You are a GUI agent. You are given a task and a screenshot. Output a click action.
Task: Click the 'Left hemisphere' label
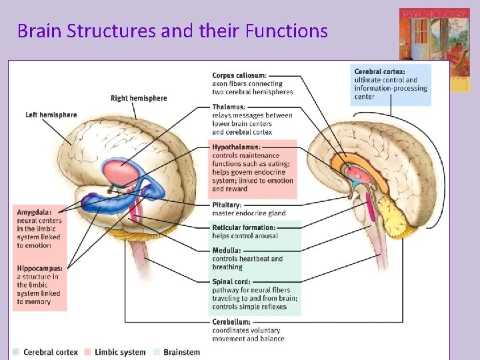tap(51, 115)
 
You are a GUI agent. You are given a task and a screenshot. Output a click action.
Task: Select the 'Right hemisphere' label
tap(139, 99)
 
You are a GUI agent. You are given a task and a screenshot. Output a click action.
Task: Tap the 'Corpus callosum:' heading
tap(239, 75)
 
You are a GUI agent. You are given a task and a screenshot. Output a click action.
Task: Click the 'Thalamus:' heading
tap(229, 107)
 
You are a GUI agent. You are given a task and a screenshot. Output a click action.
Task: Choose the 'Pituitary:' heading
tap(227, 205)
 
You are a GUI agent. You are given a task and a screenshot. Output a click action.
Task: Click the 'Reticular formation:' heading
tap(244, 227)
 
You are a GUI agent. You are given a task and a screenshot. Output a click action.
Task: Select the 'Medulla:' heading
tap(227, 251)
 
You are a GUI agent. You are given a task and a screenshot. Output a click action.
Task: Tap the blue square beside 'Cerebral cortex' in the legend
tap(17, 352)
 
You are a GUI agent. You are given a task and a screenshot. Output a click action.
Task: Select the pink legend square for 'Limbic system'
tap(88, 352)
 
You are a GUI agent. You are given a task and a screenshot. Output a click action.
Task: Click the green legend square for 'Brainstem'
tap(156, 352)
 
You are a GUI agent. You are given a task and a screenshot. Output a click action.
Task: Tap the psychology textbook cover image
tap(434, 50)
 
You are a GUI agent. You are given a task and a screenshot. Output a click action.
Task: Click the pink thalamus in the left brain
tap(120, 170)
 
